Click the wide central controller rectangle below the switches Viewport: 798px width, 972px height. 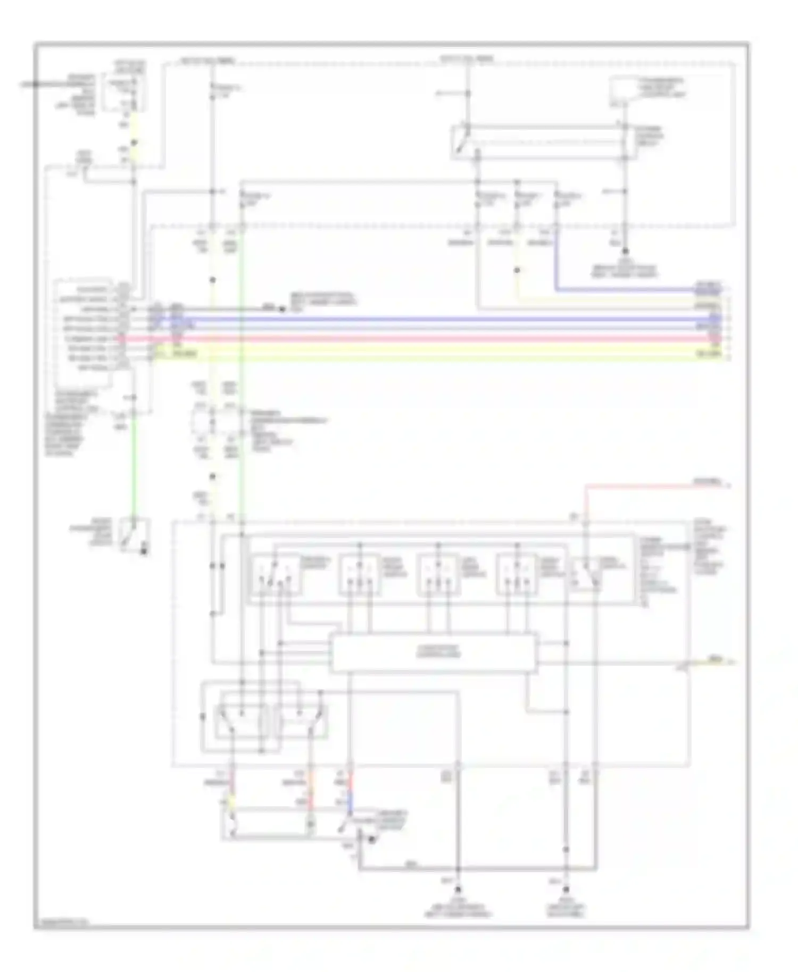(x=434, y=652)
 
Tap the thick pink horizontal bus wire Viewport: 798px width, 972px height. (x=426, y=338)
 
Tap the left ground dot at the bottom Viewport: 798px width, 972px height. (x=458, y=889)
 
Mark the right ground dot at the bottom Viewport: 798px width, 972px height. (x=567, y=889)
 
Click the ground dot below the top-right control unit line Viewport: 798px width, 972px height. (x=625, y=251)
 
